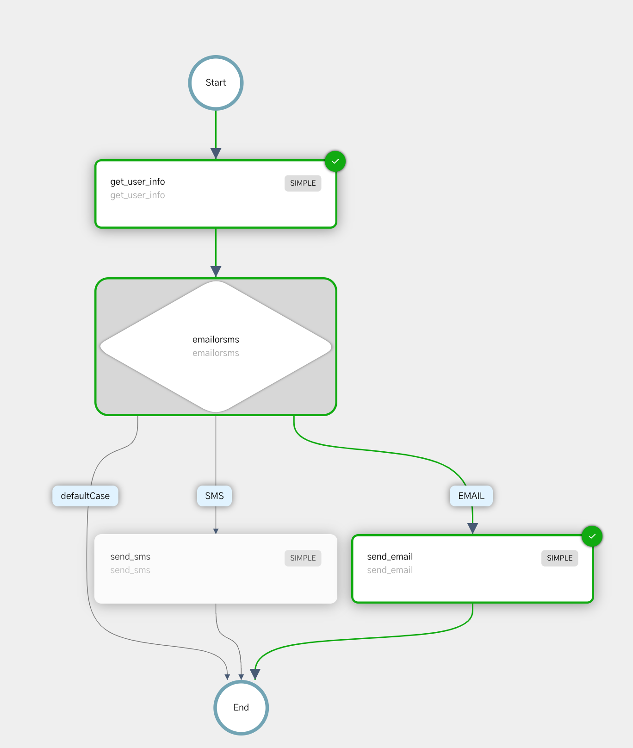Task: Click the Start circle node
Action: coord(216,83)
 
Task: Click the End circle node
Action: coord(241,707)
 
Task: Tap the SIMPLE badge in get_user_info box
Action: coord(303,183)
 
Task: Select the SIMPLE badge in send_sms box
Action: coord(303,558)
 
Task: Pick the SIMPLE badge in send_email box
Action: coord(559,558)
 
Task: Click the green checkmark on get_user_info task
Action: coord(335,162)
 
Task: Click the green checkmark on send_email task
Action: coord(592,536)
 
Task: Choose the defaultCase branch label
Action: coord(85,496)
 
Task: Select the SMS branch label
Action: coord(214,496)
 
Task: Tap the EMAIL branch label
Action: coord(471,496)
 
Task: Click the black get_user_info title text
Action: coord(137,181)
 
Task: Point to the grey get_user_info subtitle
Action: coord(137,195)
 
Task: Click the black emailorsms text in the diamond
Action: coord(216,339)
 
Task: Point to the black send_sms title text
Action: coord(130,556)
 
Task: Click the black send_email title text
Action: coord(390,556)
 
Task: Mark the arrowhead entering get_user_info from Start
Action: coord(216,153)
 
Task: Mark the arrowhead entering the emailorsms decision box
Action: coord(216,271)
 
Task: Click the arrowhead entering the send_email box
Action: coord(472,528)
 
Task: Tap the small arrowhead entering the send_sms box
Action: coord(216,531)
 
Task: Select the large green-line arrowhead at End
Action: coord(255,674)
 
